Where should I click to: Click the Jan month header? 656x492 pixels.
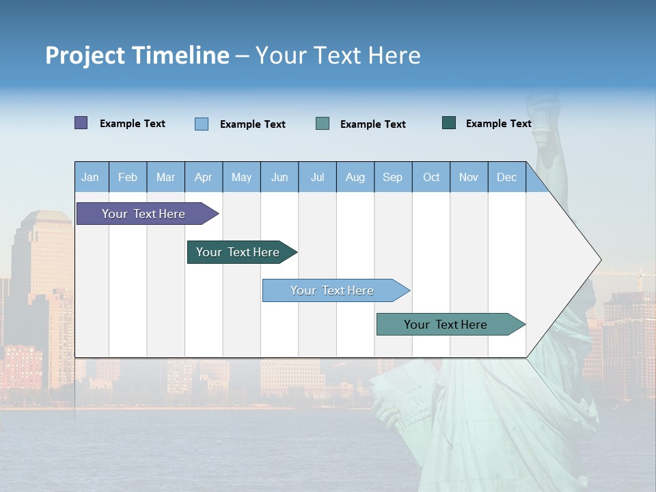90,178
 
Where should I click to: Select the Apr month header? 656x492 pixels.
203,178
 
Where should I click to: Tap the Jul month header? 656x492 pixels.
317,178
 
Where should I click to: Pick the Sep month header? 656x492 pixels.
392,178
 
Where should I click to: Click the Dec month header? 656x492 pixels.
506,178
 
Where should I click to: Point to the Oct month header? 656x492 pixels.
431,178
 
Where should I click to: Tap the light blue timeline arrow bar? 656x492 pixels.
333,290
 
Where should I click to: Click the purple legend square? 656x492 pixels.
81,123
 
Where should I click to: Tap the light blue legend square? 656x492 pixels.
202,124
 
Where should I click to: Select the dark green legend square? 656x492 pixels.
449,123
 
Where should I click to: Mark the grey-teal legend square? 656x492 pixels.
323,124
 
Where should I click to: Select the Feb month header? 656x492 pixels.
128,178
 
